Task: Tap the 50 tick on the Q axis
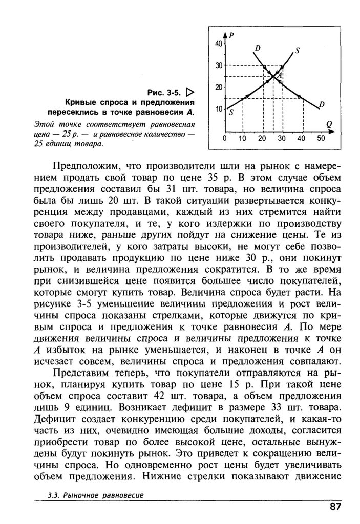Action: [x=321, y=138]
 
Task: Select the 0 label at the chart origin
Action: [x=224, y=138]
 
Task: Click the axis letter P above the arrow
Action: [x=231, y=35]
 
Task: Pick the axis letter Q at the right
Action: [x=328, y=124]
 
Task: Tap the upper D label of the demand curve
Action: [x=257, y=48]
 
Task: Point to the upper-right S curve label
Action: [x=297, y=51]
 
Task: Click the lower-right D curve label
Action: [x=322, y=105]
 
